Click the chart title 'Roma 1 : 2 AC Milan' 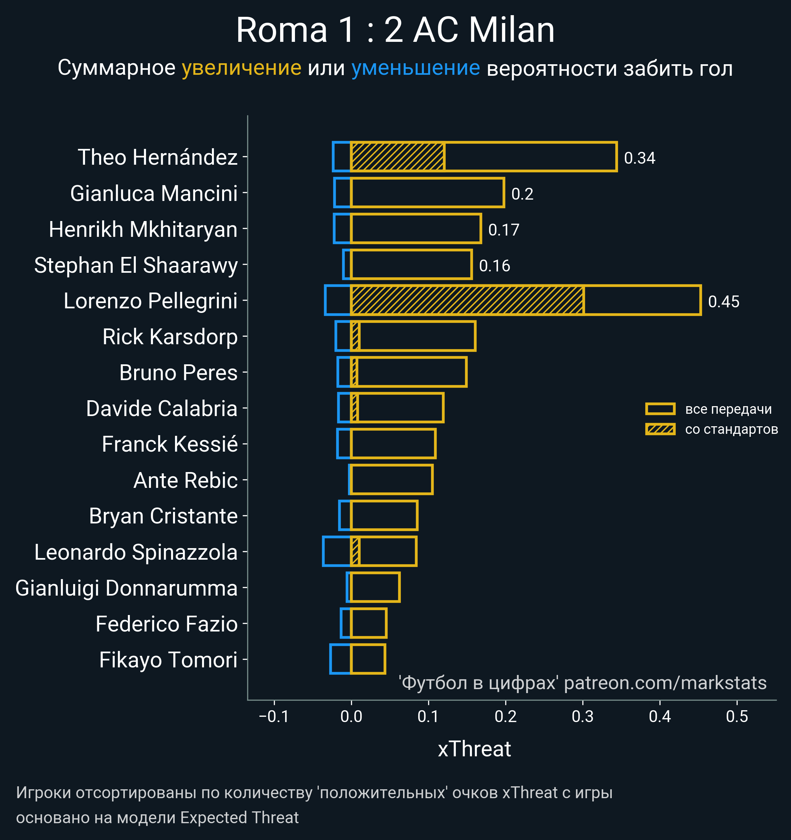395,30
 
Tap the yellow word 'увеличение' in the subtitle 241,68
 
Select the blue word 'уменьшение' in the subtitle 416,68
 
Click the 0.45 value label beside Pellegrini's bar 723,302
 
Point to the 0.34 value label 639,158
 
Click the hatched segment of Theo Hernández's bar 397,157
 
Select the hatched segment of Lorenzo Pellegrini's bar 467,300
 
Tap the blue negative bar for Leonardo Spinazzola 337,551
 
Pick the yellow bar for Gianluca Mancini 427,193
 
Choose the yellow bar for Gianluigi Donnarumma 375,587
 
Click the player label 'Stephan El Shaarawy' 136,266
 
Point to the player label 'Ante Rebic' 185,480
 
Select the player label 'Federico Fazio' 166,624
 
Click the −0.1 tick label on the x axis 274,716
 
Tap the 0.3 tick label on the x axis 583,716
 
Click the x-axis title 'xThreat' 474,749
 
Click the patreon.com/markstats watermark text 665,683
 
